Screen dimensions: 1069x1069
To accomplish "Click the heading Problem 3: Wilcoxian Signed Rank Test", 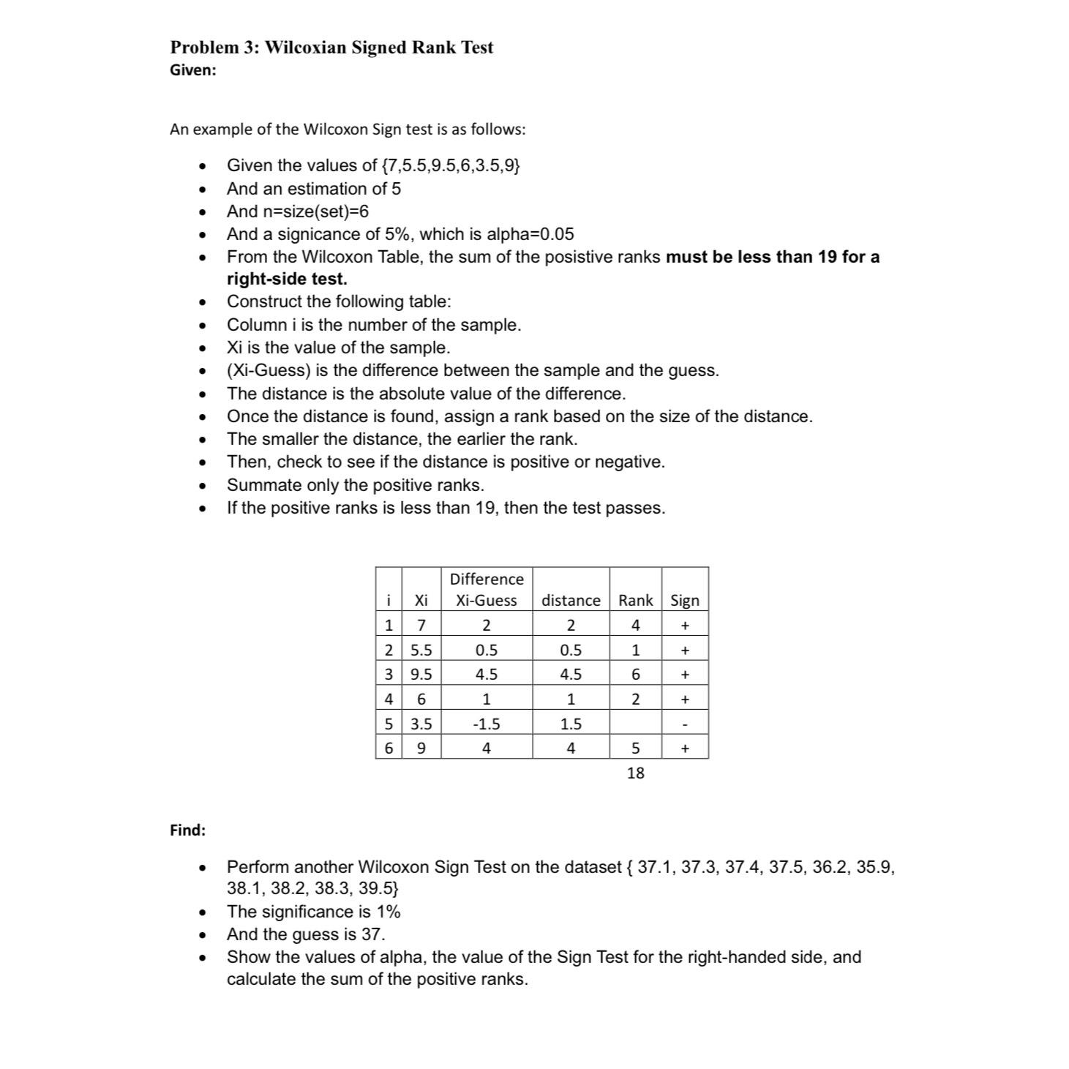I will click(331, 48).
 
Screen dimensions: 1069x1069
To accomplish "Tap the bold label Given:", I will click(193, 70).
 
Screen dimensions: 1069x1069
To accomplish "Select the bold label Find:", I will click(188, 830).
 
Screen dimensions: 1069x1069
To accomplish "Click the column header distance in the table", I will click(571, 600).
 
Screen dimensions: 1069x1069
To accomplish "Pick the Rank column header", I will click(635, 600).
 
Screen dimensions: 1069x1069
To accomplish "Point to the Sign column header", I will click(685, 600).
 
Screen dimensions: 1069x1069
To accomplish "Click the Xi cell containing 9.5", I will click(421, 674).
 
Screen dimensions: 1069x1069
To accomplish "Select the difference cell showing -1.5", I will click(486, 724).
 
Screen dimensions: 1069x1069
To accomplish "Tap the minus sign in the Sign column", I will click(685, 724).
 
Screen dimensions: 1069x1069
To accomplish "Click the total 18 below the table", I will click(635, 773).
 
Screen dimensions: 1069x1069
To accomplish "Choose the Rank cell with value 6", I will click(635, 674).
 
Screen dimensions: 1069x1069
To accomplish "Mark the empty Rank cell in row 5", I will click(635, 724).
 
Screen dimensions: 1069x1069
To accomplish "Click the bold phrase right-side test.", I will click(287, 279).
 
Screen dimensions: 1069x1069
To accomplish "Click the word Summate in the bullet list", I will click(259, 485).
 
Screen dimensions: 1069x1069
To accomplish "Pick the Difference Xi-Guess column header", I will click(486, 590).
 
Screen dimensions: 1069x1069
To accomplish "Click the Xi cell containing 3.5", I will click(421, 724).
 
